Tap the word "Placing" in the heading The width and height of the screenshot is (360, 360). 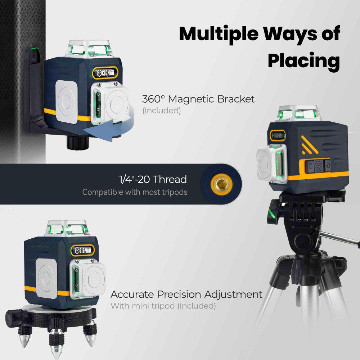click(303, 61)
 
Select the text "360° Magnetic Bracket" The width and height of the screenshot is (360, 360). click(198, 99)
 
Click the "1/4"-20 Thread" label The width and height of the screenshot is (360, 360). click(153, 179)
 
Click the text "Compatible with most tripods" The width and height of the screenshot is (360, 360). click(135, 192)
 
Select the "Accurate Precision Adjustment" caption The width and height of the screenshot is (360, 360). click(186, 294)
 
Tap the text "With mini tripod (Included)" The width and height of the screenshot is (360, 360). click(163, 306)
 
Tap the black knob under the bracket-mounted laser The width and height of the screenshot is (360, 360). click(77, 142)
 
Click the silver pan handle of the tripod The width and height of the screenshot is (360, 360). click(340, 239)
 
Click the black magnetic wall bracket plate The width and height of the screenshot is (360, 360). click(35, 90)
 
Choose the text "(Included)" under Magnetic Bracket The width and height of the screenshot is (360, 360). click(162, 111)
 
